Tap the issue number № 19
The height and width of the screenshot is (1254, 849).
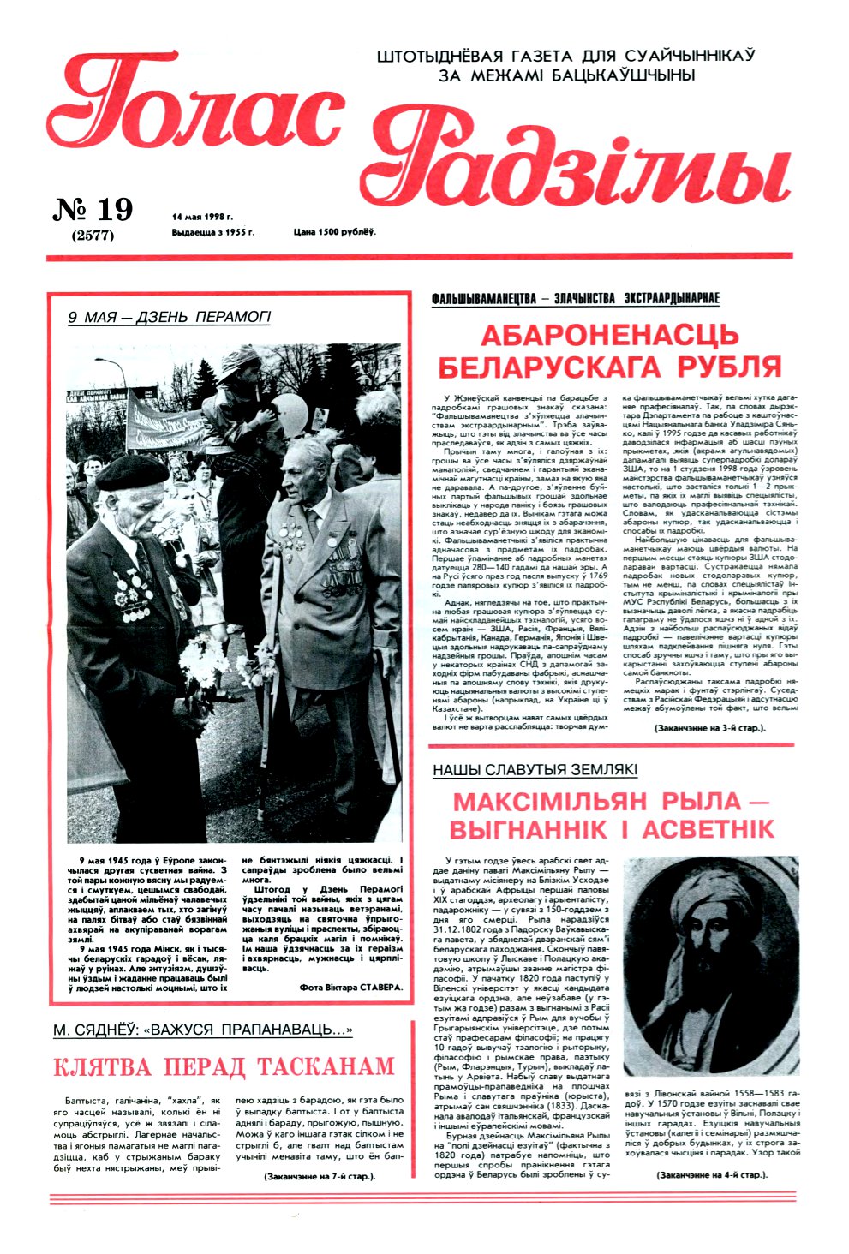point(93,210)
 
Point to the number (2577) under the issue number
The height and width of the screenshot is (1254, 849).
point(93,236)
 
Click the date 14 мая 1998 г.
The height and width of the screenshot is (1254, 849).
point(202,217)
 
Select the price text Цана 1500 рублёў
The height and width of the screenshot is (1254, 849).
point(335,232)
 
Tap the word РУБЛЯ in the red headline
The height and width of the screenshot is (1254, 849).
point(729,367)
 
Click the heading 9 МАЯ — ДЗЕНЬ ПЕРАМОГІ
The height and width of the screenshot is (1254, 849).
point(169,317)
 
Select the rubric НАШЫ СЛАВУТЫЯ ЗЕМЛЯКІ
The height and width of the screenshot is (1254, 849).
point(535,770)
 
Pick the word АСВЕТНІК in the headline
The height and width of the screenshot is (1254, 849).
point(708,830)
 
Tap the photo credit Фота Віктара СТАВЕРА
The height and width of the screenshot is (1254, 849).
point(350,987)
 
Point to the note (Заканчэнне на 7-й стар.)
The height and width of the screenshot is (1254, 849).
point(320,1176)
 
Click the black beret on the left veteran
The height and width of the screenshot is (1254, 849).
point(132,473)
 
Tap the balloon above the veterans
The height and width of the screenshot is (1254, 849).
point(290,413)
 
